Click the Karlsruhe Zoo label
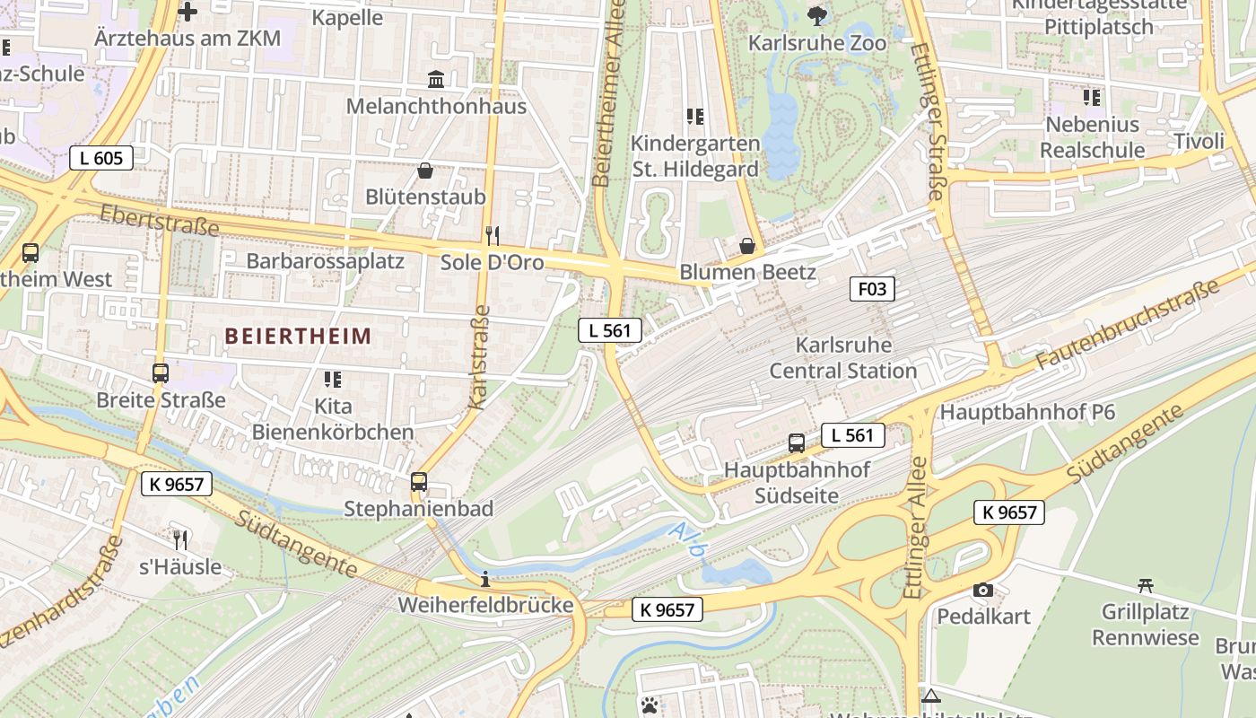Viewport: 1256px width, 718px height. (x=816, y=43)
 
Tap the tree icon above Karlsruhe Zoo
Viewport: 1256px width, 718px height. (x=816, y=14)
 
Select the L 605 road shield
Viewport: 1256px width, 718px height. (x=101, y=159)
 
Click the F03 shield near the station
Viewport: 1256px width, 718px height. (x=872, y=289)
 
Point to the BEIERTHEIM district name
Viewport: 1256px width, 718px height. (x=298, y=337)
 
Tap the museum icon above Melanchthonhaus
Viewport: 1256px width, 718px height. (x=436, y=80)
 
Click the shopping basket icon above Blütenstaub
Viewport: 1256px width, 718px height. (x=425, y=171)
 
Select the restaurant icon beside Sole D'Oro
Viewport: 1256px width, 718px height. (x=492, y=236)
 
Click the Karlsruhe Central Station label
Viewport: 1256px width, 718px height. (x=843, y=358)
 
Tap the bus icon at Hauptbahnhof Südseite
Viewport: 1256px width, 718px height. (x=796, y=442)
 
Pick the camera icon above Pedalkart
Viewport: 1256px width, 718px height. (x=983, y=591)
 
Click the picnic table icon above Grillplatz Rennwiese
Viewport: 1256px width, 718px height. (x=1145, y=586)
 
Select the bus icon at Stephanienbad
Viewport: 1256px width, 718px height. (x=419, y=482)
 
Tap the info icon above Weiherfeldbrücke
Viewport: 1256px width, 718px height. (x=485, y=580)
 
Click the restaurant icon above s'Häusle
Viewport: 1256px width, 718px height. (x=180, y=540)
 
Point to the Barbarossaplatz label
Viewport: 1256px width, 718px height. (x=325, y=262)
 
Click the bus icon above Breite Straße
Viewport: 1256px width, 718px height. (x=161, y=373)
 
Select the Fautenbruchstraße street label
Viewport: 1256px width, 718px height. (x=1128, y=324)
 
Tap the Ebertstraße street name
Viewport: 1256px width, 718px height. (x=159, y=220)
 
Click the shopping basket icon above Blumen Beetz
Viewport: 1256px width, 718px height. (x=747, y=246)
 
